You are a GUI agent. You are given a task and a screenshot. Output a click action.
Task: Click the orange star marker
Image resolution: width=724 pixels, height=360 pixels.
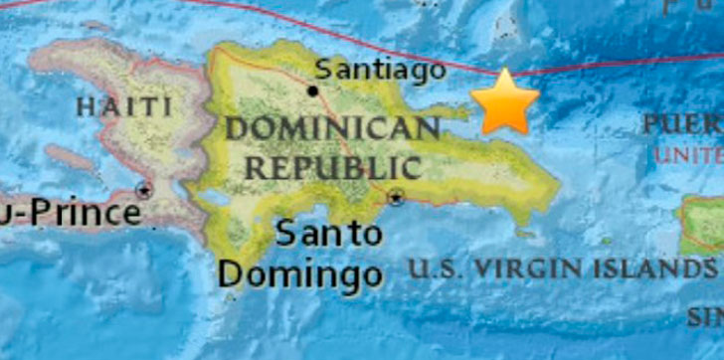pos(504,102)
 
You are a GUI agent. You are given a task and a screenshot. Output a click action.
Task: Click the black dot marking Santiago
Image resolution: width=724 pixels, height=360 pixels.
pos(313,90)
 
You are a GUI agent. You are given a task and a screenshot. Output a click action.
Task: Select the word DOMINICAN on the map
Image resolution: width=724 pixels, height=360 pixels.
pos(331,128)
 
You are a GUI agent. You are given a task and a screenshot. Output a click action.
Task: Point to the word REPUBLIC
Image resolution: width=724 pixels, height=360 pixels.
pos(333,166)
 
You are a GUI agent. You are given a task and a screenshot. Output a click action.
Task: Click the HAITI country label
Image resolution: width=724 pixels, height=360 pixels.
pos(123,105)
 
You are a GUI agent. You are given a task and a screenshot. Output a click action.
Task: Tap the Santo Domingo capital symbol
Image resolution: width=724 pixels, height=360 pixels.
pos(396,197)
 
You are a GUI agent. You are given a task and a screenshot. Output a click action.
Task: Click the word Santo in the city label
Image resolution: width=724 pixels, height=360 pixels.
pos(328,235)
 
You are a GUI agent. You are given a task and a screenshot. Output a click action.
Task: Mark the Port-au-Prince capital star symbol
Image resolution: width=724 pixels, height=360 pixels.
pos(145,190)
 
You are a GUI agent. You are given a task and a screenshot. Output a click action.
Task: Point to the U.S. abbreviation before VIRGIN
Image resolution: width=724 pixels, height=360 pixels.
pos(438,269)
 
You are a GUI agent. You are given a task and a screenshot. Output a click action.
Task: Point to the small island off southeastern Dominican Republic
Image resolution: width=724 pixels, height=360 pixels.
pos(524,233)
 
